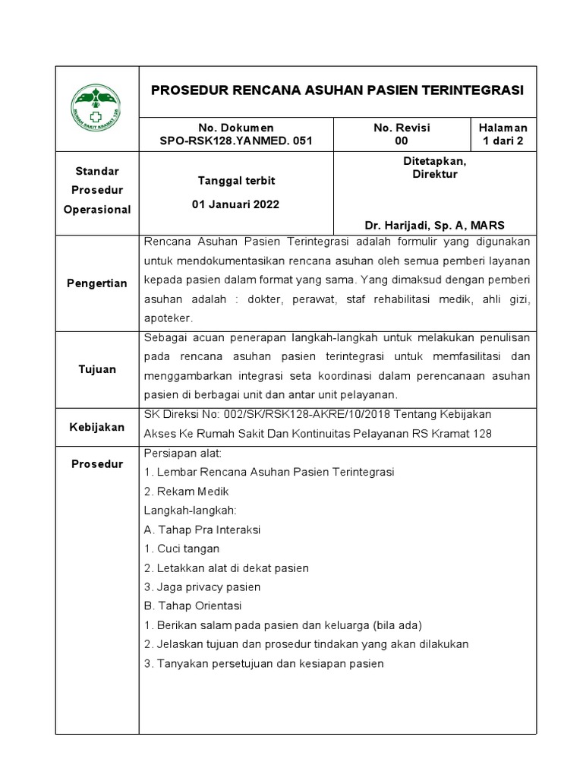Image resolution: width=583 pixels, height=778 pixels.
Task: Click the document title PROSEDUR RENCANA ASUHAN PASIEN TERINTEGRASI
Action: click(337, 90)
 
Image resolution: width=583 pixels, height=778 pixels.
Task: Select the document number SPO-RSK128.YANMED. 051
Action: click(235, 141)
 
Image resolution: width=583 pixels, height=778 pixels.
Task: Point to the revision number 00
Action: click(402, 141)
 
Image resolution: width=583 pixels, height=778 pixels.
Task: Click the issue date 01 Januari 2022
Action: click(235, 205)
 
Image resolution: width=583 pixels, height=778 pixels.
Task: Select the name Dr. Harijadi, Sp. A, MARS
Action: click(434, 225)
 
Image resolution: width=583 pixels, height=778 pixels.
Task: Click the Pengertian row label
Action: click(97, 283)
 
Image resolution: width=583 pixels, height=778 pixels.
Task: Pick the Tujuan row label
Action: click(97, 369)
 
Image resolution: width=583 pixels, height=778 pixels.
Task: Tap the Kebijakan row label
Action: click(97, 427)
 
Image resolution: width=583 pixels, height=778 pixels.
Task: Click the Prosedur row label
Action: click(97, 463)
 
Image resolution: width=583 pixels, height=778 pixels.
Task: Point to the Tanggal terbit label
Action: click(235, 180)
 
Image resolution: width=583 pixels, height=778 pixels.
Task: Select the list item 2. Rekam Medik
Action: click(186, 492)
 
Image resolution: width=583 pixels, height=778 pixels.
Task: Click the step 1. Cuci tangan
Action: click(181, 549)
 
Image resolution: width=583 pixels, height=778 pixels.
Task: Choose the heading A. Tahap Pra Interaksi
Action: click(202, 530)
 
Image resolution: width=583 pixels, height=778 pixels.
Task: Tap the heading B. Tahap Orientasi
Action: click(192, 606)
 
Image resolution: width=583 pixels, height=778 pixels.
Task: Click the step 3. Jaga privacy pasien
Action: click(202, 587)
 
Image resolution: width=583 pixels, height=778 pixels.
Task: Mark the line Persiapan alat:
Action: click(181, 454)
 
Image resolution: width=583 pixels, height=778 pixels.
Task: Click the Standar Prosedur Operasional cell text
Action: click(97, 190)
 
